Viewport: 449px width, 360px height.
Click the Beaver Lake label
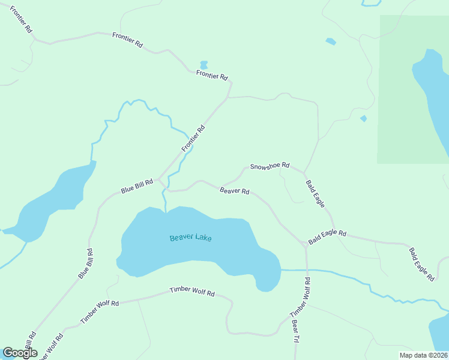(x=190, y=238)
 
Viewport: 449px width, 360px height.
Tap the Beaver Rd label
(x=235, y=191)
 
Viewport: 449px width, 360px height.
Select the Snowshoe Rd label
(x=270, y=166)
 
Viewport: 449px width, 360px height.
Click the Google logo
(x=20, y=353)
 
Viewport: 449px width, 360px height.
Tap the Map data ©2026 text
(x=423, y=355)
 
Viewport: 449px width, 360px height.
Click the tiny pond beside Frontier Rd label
(x=203, y=64)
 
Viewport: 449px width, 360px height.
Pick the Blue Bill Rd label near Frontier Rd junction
(x=137, y=186)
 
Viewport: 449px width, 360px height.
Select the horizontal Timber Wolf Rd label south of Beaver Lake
(x=191, y=292)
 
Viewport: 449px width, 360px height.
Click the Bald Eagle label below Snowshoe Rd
(x=315, y=193)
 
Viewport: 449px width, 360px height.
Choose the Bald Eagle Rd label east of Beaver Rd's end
(x=328, y=237)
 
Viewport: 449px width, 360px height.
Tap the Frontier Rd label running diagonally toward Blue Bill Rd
(x=193, y=138)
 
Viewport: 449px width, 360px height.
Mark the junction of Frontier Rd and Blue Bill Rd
(x=159, y=178)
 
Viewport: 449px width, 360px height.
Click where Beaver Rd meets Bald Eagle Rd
(x=306, y=245)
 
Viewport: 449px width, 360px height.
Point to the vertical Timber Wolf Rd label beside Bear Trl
(x=300, y=298)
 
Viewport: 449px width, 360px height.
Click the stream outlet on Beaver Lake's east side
(x=281, y=270)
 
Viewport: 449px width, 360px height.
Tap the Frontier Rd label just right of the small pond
(x=212, y=76)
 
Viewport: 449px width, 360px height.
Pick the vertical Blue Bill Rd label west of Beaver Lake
(x=86, y=263)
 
